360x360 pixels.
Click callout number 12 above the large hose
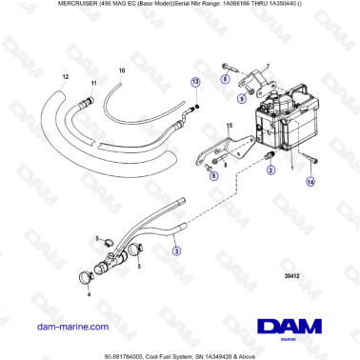click(x=66, y=74)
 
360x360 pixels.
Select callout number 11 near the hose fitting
click(x=93, y=84)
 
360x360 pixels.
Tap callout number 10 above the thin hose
click(x=121, y=71)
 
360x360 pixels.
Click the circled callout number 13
click(x=195, y=83)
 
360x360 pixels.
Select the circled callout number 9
click(x=242, y=95)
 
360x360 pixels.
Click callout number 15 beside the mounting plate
click(x=229, y=126)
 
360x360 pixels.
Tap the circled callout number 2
click(x=270, y=170)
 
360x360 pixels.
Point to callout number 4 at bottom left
click(x=89, y=294)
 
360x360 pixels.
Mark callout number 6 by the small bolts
click(x=212, y=177)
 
